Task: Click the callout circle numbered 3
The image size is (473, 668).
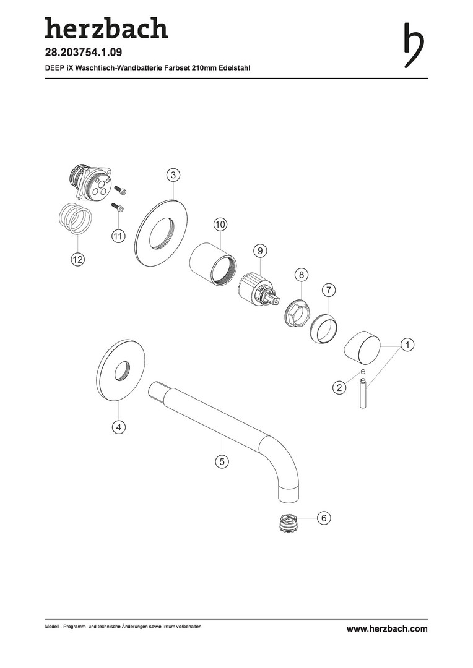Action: tap(173, 174)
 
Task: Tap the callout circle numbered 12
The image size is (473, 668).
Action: tap(77, 259)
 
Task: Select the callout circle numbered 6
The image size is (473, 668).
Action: tap(324, 518)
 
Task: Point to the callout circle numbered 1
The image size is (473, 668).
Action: tap(407, 345)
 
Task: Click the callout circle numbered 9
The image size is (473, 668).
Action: tap(260, 250)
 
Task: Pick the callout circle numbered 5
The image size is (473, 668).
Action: tap(222, 461)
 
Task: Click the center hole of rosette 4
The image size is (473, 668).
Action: tap(123, 370)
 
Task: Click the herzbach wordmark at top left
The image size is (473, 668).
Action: tap(106, 28)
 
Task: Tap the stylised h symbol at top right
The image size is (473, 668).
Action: tap(414, 45)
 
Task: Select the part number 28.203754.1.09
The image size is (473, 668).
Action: tap(84, 53)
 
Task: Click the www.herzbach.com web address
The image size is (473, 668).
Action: tap(387, 628)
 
